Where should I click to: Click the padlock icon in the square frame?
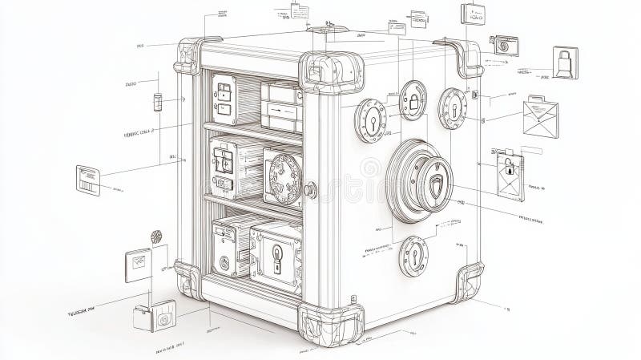coord(566,62)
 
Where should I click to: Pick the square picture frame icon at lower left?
coord(137,265)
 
